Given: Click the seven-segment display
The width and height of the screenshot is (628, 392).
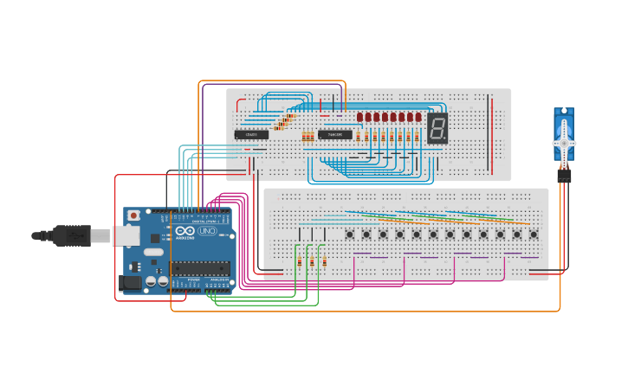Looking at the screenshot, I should (437, 129).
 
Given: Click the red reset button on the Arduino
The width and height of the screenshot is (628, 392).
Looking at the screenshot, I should (133, 215).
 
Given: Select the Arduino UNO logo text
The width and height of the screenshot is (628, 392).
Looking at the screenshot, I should (196, 231).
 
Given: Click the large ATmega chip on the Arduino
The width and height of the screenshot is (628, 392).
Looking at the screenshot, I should (201, 267).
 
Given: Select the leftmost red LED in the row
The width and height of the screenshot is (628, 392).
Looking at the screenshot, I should (359, 117).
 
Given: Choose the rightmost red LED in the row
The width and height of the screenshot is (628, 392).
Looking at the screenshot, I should (418, 117).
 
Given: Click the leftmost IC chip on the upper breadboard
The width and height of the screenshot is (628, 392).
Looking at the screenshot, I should (251, 134).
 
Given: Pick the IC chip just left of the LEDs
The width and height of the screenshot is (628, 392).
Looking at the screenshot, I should (334, 134).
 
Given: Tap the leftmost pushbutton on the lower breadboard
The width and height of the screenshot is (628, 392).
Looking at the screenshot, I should (350, 235).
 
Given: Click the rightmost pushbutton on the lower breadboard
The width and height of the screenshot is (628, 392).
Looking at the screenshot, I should (534, 235).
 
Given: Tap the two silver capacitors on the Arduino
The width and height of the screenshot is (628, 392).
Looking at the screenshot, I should (157, 281).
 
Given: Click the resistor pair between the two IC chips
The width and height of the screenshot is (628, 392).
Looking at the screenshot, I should (308, 136).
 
